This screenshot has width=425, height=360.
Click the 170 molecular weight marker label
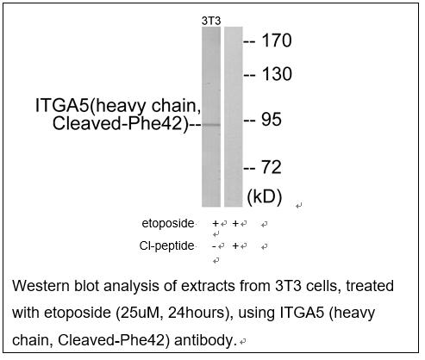pyautogui.click(x=277, y=40)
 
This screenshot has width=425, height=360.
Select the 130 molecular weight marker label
pyautogui.click(x=277, y=74)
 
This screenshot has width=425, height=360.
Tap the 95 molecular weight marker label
pyautogui.click(x=272, y=120)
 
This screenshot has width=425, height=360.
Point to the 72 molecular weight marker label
pyautogui.click(x=272, y=167)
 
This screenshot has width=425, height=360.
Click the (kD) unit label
pyautogui.click(x=265, y=197)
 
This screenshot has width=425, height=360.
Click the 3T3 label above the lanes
pyautogui.click(x=211, y=21)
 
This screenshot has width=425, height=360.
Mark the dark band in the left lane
pyautogui.click(x=211, y=125)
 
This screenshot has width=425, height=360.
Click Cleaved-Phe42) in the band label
pyautogui.click(x=121, y=124)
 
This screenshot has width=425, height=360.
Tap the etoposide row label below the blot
pyautogui.click(x=168, y=223)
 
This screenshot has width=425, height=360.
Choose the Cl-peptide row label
pyautogui.click(x=166, y=246)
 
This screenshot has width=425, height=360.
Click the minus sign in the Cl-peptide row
pyautogui.click(x=214, y=246)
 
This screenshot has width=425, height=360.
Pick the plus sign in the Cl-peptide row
pyautogui.click(x=235, y=246)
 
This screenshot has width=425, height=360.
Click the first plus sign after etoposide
pyautogui.click(x=216, y=223)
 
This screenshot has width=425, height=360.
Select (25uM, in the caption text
pyautogui.click(x=140, y=313)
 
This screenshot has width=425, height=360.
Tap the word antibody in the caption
pyautogui.click(x=205, y=340)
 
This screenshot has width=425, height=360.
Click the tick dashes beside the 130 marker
pyautogui.click(x=249, y=76)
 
